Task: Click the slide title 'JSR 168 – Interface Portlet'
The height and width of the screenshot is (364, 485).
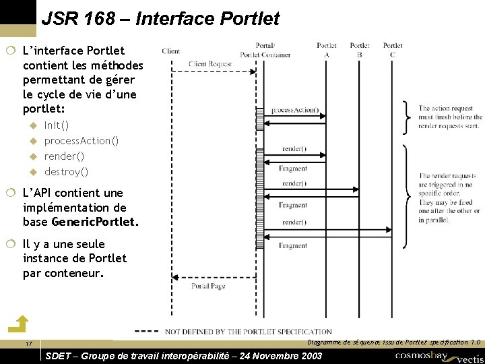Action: coord(160,19)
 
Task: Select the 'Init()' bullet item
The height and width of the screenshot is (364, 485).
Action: coord(57,125)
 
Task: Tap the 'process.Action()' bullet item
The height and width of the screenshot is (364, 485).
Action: coord(82,141)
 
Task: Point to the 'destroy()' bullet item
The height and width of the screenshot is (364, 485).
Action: coord(66,172)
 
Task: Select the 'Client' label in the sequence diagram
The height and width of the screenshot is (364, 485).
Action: coord(171,51)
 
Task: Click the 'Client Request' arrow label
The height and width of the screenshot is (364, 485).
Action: coord(210,64)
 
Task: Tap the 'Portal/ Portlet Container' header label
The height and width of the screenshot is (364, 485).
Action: coord(265,50)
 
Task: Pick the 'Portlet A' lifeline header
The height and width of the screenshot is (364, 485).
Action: coord(327,50)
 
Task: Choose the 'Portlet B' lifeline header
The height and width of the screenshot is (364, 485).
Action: coord(360,50)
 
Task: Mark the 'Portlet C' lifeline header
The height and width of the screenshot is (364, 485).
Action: coord(393,50)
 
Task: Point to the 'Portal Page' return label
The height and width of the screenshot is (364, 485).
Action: coord(208,286)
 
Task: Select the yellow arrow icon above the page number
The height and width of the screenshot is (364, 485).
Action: coord(22,324)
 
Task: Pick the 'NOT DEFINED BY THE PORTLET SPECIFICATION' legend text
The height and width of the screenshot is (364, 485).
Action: coord(248,332)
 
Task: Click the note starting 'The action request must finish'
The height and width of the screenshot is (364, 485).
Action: coord(449,117)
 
